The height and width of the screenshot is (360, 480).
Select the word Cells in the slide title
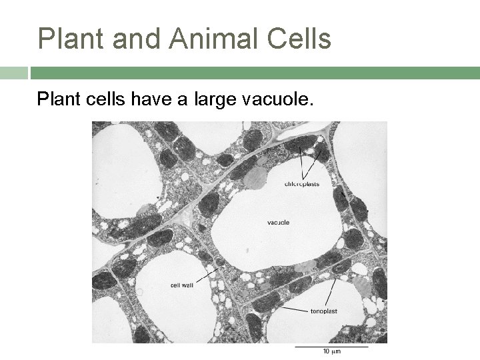tap(295, 39)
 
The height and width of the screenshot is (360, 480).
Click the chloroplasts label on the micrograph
tap(301, 183)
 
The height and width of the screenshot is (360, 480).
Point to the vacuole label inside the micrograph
tap(278, 222)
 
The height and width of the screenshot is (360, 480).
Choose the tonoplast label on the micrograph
tap(325, 311)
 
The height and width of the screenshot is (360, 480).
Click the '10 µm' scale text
tap(331, 352)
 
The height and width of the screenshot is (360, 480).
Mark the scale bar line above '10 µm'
tap(331, 346)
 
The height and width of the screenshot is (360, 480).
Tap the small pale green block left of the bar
tap(13, 72)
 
